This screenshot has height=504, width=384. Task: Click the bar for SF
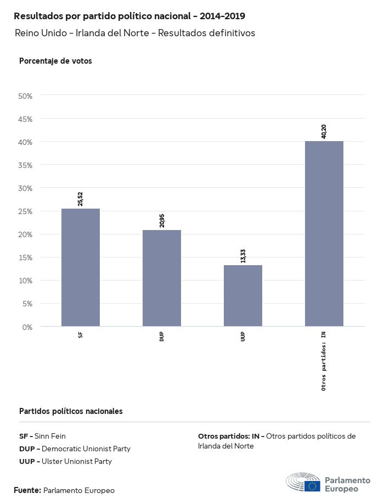click(x=81, y=267)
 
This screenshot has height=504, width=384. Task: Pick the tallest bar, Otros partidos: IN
click(x=324, y=233)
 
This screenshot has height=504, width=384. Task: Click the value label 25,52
click(x=81, y=198)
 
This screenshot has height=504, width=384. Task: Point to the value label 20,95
click(x=162, y=220)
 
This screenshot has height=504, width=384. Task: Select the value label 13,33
click(x=243, y=255)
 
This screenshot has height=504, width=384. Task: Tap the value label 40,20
click(x=324, y=131)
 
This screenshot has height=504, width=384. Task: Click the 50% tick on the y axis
click(x=26, y=96)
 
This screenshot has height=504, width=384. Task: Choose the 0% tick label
click(x=27, y=327)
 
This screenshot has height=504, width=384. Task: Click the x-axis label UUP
click(x=243, y=336)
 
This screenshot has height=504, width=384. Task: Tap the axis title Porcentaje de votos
click(x=55, y=61)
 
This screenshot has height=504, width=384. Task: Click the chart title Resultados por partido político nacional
click(x=129, y=16)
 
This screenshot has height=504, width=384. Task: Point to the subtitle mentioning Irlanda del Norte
click(x=135, y=33)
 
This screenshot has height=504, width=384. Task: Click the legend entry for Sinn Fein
click(x=42, y=436)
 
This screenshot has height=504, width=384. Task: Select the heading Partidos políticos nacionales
click(x=71, y=411)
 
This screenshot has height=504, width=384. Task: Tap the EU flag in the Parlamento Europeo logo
click(x=313, y=485)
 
